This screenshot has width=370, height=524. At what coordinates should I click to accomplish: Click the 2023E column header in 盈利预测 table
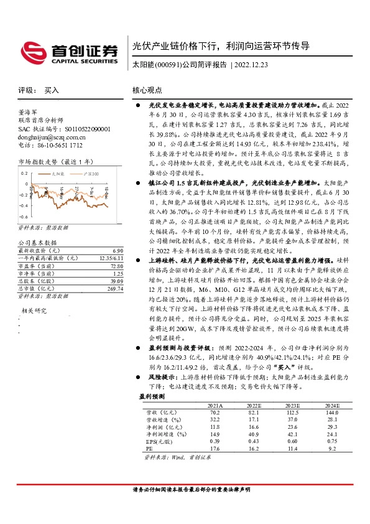click(292, 405)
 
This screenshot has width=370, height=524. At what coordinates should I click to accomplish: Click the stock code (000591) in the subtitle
click(167, 65)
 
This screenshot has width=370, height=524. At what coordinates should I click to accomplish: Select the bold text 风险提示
click(159, 377)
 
